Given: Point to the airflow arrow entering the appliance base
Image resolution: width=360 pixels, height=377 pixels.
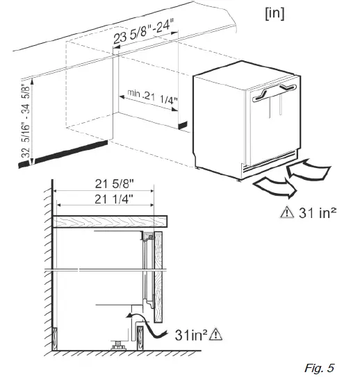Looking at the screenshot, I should [310, 168].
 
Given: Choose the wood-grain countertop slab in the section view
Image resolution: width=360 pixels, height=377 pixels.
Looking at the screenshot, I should [111, 222].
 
